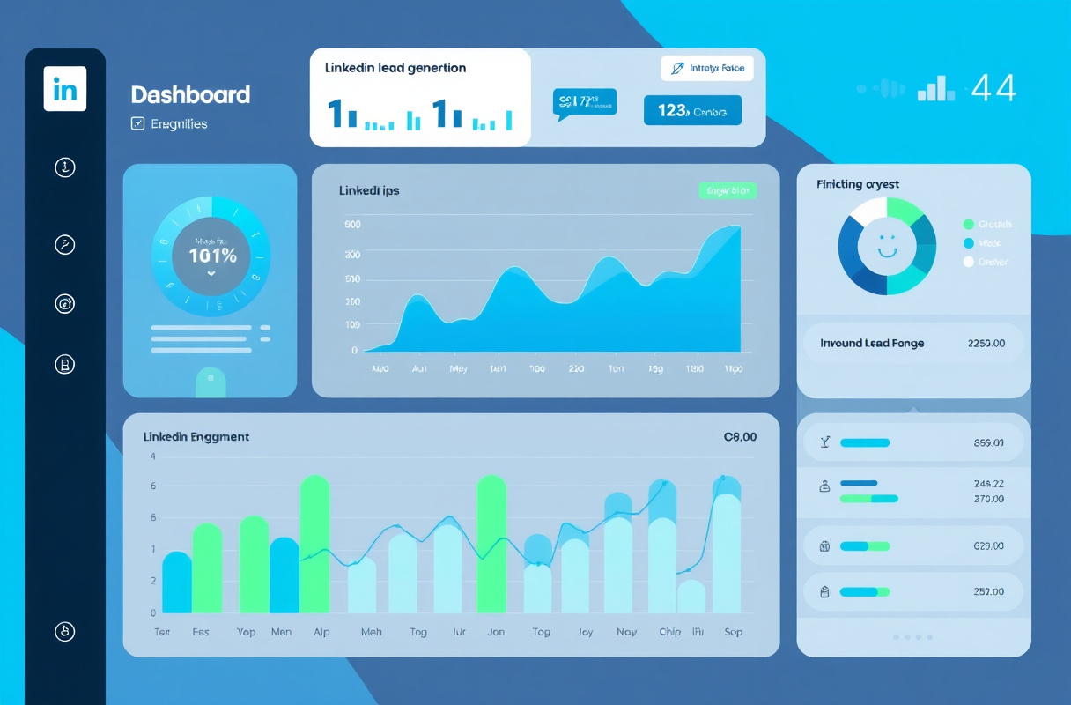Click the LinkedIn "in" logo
65,88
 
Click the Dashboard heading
190,95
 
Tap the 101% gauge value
212,256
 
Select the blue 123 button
692,110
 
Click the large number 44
994,88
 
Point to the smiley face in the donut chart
887,245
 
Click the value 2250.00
986,343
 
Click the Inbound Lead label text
872,343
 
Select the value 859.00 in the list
988,443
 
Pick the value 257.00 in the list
988,592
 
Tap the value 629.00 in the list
988,545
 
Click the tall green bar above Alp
314,544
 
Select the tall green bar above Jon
491,544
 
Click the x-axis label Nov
626,632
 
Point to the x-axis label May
458,369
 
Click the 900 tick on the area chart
352,225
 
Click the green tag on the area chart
727,190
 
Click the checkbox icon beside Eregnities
137,124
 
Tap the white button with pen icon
707,68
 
